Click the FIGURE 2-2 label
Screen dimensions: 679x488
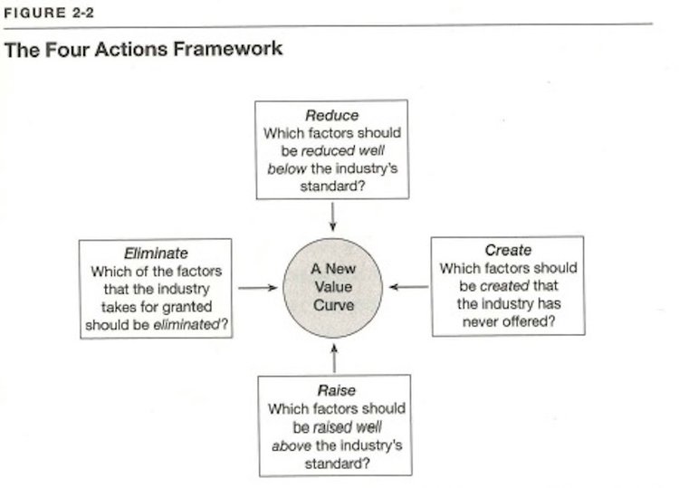(49, 13)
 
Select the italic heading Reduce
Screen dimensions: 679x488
(331, 115)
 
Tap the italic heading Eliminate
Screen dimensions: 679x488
(156, 253)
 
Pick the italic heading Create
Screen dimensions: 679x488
(508, 250)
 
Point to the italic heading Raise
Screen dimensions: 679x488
(337, 390)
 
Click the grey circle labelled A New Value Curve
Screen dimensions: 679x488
(332, 288)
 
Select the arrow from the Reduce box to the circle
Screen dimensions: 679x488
(332, 217)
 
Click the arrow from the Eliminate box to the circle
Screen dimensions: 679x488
(258, 288)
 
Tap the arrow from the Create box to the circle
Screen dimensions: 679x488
(409, 287)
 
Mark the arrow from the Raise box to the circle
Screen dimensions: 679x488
(334, 358)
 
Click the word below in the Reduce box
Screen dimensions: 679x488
(287, 168)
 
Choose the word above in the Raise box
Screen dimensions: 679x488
(292, 445)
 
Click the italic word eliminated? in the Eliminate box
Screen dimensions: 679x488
(190, 324)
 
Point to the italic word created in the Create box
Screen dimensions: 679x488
(504, 286)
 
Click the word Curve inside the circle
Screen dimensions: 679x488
(333, 305)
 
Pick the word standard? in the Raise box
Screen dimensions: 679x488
(337, 464)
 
